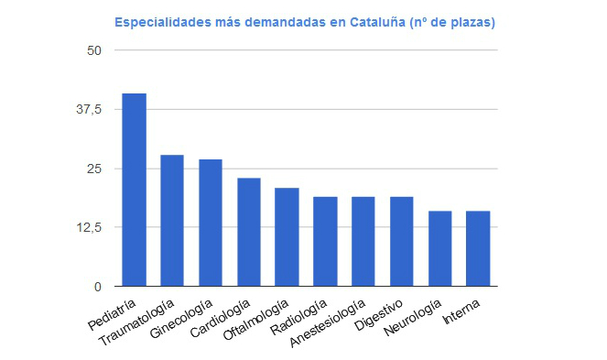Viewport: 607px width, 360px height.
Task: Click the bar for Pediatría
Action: point(134,190)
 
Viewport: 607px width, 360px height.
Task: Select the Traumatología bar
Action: point(172,221)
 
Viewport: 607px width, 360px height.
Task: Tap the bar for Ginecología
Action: point(211,223)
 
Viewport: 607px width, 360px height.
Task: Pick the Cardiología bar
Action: point(249,232)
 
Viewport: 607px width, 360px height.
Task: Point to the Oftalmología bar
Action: point(287,237)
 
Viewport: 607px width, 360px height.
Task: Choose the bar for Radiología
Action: point(325,242)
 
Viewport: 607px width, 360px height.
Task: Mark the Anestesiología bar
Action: point(363,242)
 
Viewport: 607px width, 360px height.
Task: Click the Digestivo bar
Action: point(402,242)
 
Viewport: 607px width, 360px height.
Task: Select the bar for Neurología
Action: point(440,249)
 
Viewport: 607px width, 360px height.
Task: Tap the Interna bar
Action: point(478,249)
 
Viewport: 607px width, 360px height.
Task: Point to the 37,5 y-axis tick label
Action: point(89,109)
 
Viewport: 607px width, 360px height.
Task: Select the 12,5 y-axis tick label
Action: point(89,228)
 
